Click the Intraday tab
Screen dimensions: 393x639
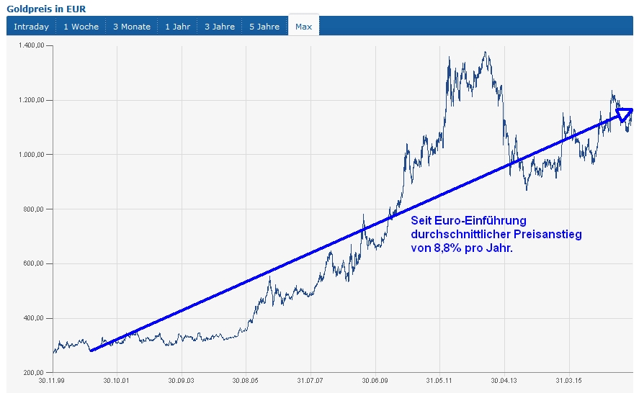click(x=31, y=27)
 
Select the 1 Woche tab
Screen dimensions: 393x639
click(x=81, y=27)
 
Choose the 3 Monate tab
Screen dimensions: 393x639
click(x=132, y=27)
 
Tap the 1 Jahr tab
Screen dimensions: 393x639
click(x=177, y=27)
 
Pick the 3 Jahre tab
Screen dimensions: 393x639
click(x=220, y=27)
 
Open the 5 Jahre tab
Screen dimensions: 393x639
click(x=264, y=27)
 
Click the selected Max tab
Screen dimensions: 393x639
click(x=303, y=27)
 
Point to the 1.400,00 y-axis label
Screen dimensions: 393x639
click(x=30, y=45)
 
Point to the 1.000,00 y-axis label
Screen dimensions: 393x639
click(x=30, y=155)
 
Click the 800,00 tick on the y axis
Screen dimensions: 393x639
click(x=34, y=209)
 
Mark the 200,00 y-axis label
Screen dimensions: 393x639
click(x=34, y=373)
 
